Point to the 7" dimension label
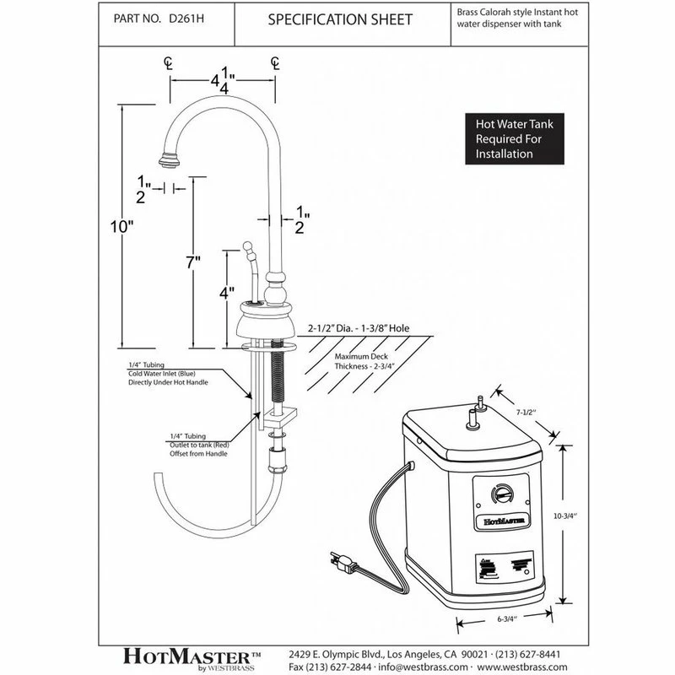pyautogui.click(x=193, y=265)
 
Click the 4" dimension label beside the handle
pyautogui.click(x=226, y=296)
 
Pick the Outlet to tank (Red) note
pyautogui.click(x=197, y=443)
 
